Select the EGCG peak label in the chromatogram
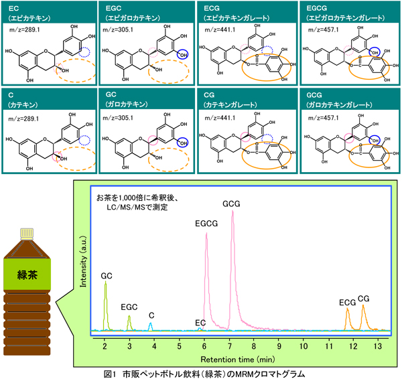click(206, 223)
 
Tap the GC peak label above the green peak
click(107, 275)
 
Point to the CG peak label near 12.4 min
click(364, 299)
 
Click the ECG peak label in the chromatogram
click(346, 303)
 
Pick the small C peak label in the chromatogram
click(152, 315)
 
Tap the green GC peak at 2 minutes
click(106, 301)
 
